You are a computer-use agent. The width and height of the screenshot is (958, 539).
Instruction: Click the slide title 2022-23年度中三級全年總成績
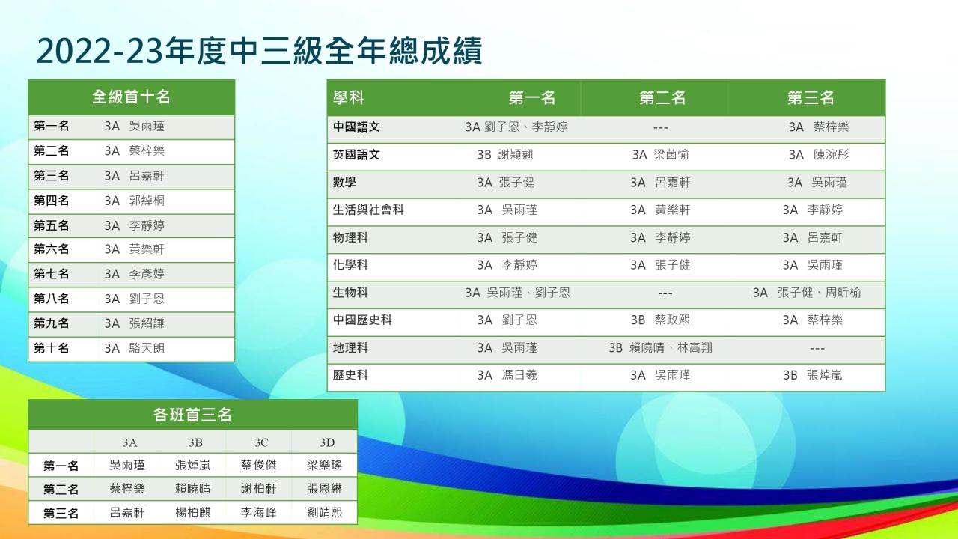[260, 52]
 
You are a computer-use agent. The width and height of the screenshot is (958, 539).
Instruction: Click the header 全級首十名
[131, 97]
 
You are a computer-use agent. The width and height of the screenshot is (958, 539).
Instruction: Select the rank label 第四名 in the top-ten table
[52, 200]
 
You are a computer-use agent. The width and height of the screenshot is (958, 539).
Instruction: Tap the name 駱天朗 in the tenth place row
[147, 348]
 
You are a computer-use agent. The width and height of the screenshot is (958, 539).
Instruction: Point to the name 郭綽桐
[147, 200]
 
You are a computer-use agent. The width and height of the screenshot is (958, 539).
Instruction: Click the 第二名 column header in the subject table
[662, 97]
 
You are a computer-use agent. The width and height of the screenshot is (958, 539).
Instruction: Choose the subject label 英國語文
[356, 154]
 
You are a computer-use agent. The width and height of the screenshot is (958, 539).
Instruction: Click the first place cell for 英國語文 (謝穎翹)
[505, 154]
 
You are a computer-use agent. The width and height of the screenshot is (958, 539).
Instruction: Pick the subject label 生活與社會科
[368, 210]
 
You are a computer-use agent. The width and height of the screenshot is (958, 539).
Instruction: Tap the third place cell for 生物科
[807, 293]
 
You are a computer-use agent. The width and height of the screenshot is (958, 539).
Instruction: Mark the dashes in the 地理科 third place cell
[817, 349]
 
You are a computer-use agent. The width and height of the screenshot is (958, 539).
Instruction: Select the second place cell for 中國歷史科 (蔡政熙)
[660, 320]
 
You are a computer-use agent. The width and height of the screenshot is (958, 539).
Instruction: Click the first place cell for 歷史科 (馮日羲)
[507, 375]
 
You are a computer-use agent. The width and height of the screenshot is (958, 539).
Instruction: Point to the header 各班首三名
[192, 415]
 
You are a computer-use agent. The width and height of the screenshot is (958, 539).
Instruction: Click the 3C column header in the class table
[261, 442]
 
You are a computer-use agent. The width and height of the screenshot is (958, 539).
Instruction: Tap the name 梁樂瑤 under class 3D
[324, 465]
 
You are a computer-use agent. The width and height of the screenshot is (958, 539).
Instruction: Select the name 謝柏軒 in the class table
[258, 489]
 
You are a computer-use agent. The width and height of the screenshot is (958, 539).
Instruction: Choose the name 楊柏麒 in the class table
[192, 512]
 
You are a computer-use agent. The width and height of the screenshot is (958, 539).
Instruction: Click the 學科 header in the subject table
[349, 97]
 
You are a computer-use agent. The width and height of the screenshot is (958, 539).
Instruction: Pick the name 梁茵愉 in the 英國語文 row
[671, 154]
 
